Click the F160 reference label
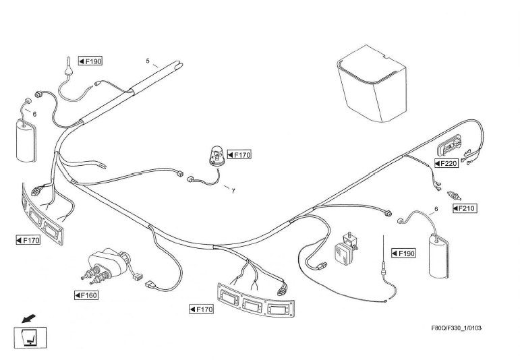coord(86,295)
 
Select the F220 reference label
coord(446,163)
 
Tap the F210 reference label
coord(465,208)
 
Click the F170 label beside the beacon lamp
coord(239,155)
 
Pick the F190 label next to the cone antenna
coord(90,61)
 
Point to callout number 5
coord(148,61)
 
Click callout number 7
coord(233,191)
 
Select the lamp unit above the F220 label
coord(449,146)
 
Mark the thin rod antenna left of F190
coord(383,260)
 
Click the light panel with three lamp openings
coord(256,303)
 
